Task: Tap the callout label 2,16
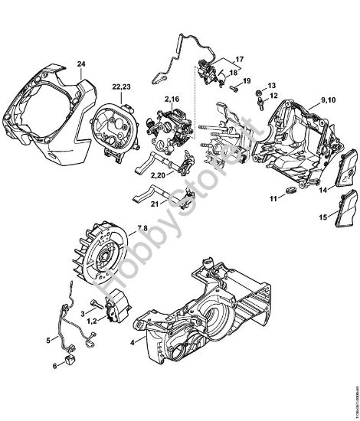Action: pos(171,100)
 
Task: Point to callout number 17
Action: pos(239,58)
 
